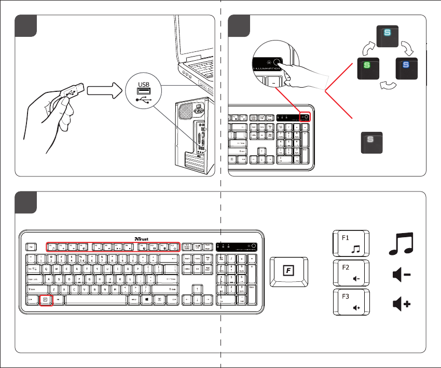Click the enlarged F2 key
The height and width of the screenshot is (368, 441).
point(351,273)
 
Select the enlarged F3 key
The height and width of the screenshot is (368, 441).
point(351,302)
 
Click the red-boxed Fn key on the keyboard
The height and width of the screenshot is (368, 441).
point(46,299)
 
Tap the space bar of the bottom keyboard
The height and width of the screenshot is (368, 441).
point(95,299)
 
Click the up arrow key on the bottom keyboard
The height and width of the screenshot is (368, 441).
point(198,290)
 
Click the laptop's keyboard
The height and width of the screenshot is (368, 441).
point(200,66)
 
